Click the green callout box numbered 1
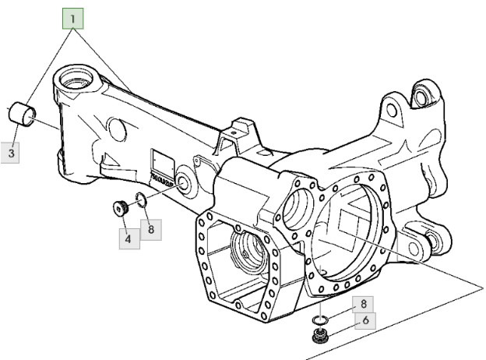[x=73, y=17]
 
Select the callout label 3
[x=12, y=153]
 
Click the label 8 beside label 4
[x=151, y=230]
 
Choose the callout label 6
[x=365, y=320]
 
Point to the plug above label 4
[x=119, y=209]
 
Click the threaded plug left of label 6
[x=319, y=337]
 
